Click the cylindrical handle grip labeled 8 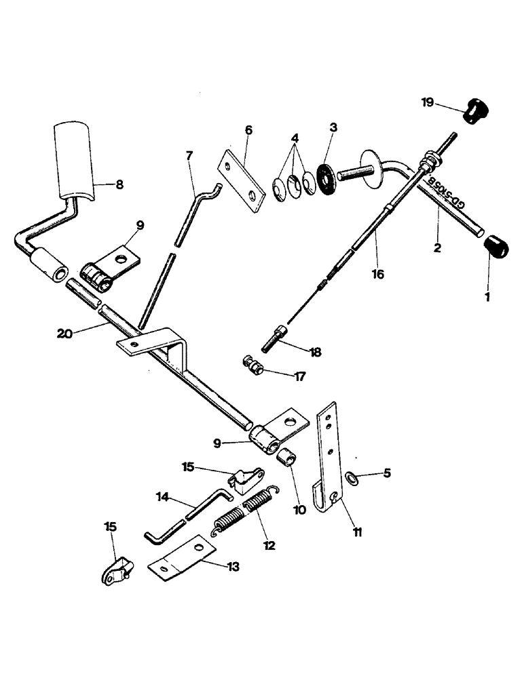coord(75,161)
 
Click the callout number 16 coord(377,275)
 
